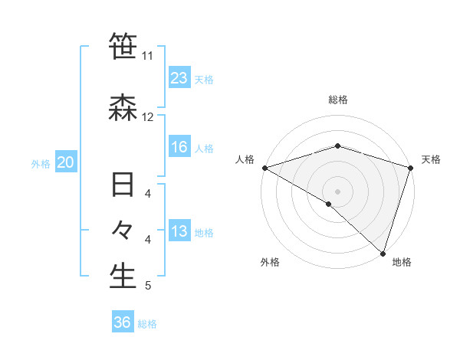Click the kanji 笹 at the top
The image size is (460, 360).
coord(123,47)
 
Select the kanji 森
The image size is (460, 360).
coord(123,109)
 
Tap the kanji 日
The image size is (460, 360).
coord(123,186)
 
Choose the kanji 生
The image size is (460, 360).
coord(123,277)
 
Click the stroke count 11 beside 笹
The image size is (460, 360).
coord(148,56)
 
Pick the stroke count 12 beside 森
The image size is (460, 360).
coord(148,117)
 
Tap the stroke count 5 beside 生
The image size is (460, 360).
coord(148,286)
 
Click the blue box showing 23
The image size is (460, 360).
coord(179,77)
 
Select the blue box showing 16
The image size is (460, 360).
coord(179,147)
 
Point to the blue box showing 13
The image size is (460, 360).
coord(179,231)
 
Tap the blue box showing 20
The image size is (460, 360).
coord(66,162)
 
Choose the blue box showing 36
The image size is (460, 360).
coord(123,322)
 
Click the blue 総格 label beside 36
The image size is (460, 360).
coord(147,324)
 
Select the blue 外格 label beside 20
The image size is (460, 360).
coord(41,163)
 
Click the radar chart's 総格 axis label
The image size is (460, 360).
coord(337,100)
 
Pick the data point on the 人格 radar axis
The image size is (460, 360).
coord(264,168)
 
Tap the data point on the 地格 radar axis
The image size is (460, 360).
coord(383,253)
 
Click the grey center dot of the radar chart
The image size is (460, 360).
coord(337,191)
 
